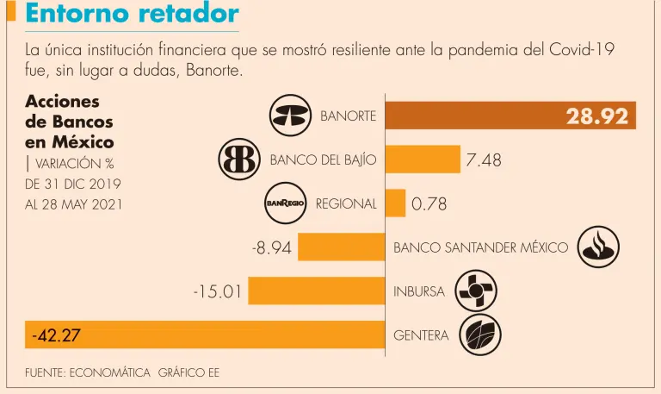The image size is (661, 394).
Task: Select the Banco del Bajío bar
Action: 423,159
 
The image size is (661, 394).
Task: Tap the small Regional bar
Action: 395,203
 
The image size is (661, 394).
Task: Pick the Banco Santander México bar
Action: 342,248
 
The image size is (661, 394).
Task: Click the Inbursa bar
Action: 317,291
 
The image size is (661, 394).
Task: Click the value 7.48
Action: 483,159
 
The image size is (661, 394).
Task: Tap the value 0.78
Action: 429,204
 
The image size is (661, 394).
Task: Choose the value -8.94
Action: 272,248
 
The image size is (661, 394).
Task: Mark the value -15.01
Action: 217,291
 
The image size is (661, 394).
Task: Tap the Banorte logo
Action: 290,116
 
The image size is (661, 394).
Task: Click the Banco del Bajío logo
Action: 240,159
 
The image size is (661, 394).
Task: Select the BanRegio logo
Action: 286,203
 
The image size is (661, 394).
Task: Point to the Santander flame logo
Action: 598,247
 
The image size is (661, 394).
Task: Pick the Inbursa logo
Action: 476,291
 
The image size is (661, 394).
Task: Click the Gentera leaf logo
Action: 480,335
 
